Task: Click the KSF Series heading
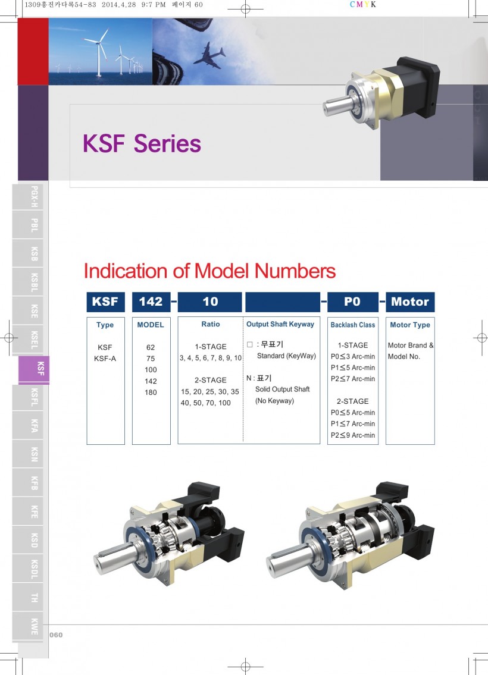142,144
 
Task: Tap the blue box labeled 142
151,302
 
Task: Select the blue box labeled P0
352,302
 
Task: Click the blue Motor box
410,302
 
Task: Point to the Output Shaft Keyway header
280,324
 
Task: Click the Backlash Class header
353,325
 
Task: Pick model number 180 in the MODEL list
151,392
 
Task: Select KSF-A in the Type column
105,358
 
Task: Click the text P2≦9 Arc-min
353,435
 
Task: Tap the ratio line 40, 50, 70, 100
205,403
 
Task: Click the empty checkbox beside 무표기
249,344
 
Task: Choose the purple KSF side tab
34,369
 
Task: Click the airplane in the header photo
209,55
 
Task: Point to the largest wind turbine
98,52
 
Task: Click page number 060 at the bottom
56,635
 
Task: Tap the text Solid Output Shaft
283,389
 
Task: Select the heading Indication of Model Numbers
209,271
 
